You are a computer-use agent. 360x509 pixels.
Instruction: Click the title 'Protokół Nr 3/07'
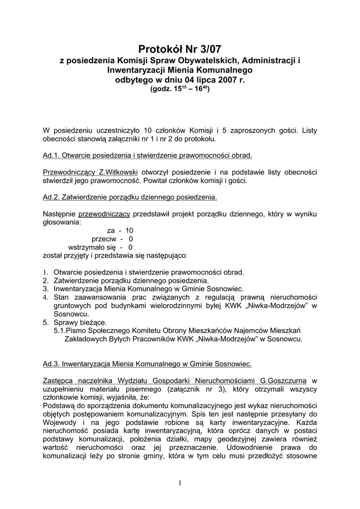pos(180,49)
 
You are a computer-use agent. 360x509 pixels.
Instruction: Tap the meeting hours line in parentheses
pos(180,89)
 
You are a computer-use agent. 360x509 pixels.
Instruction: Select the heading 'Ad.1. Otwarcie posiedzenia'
pos(148,156)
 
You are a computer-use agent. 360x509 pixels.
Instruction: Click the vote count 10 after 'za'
pos(129,231)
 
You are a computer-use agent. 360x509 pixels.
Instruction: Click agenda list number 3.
pos(45,288)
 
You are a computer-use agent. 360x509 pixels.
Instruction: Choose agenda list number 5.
pos(45,322)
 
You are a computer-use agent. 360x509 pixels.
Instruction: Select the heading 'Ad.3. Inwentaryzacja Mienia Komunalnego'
pos(148,364)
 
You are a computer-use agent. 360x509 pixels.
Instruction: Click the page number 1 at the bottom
pos(180,483)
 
